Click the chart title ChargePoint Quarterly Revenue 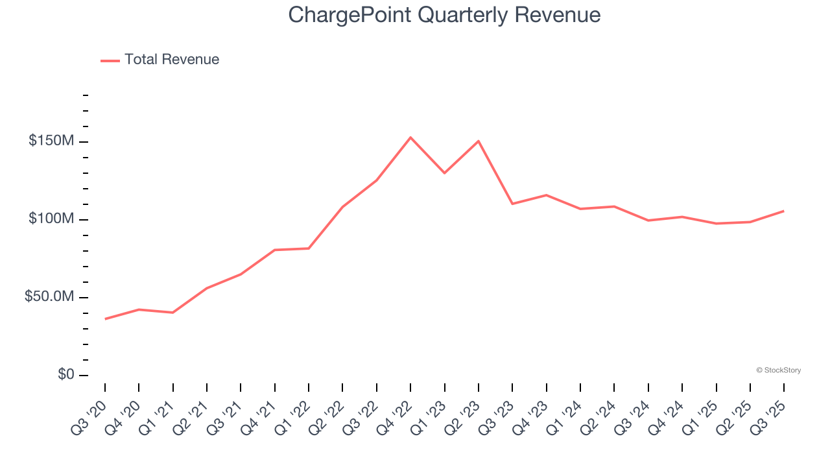[x=444, y=14]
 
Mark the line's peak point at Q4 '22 [x=410, y=138]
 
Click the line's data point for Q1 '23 [x=444, y=173]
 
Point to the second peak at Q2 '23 [x=479, y=141]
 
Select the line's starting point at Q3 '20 [x=105, y=319]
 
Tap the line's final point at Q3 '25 [x=783, y=211]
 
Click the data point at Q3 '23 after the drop [x=512, y=204]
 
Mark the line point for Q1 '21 [x=173, y=313]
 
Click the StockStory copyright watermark [x=778, y=370]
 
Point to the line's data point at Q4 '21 [x=275, y=250]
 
